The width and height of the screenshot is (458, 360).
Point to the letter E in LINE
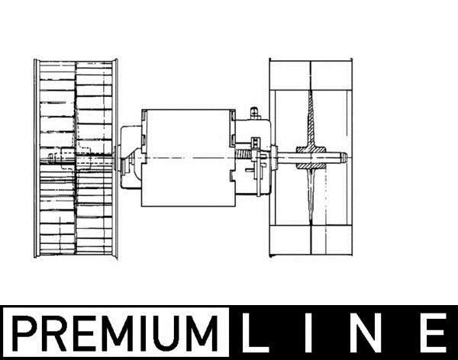tap(434, 333)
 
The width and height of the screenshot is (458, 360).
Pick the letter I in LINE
tap(308, 333)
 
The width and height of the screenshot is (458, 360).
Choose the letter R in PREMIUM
tap(55, 333)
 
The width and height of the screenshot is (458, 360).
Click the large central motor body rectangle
tap(188, 158)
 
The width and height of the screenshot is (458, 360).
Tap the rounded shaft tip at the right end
tap(343, 158)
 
